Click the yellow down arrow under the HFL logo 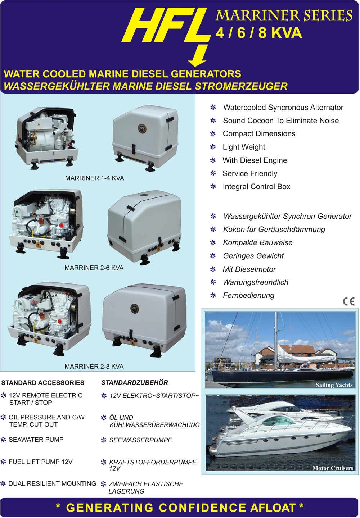(197, 55)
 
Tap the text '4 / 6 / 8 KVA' (259, 33)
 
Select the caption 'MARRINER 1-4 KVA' (94, 178)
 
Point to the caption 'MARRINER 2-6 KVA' (94, 268)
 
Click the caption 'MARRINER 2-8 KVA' (94, 367)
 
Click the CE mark (349, 301)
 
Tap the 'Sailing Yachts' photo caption (334, 385)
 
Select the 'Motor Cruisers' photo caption (333, 468)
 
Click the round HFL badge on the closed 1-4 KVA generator (142, 128)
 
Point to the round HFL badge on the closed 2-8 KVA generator (134, 309)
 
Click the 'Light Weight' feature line (244, 147)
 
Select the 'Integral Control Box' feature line (256, 187)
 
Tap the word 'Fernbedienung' (248, 296)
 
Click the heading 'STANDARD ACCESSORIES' (43, 383)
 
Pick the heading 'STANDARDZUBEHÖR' (135, 382)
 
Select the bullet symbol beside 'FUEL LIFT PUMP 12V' (3, 462)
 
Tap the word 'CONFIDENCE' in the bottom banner (202, 508)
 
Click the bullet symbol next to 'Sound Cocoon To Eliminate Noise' (213, 121)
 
